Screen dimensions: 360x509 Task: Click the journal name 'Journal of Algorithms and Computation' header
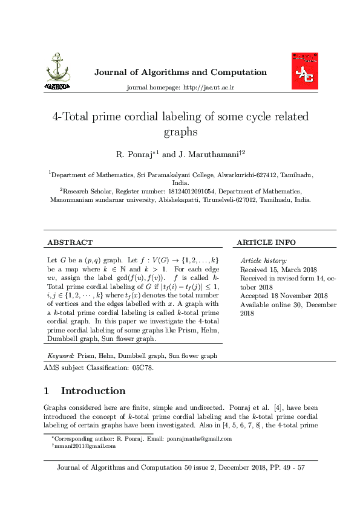[x=180, y=73]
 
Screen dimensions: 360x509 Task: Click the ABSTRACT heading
[x=70, y=242]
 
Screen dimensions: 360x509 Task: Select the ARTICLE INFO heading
[x=266, y=242]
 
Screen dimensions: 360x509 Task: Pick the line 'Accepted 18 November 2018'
[x=284, y=296]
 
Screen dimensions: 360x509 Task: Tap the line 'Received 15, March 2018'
[x=278, y=270]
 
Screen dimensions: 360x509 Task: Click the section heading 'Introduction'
[x=93, y=391]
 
